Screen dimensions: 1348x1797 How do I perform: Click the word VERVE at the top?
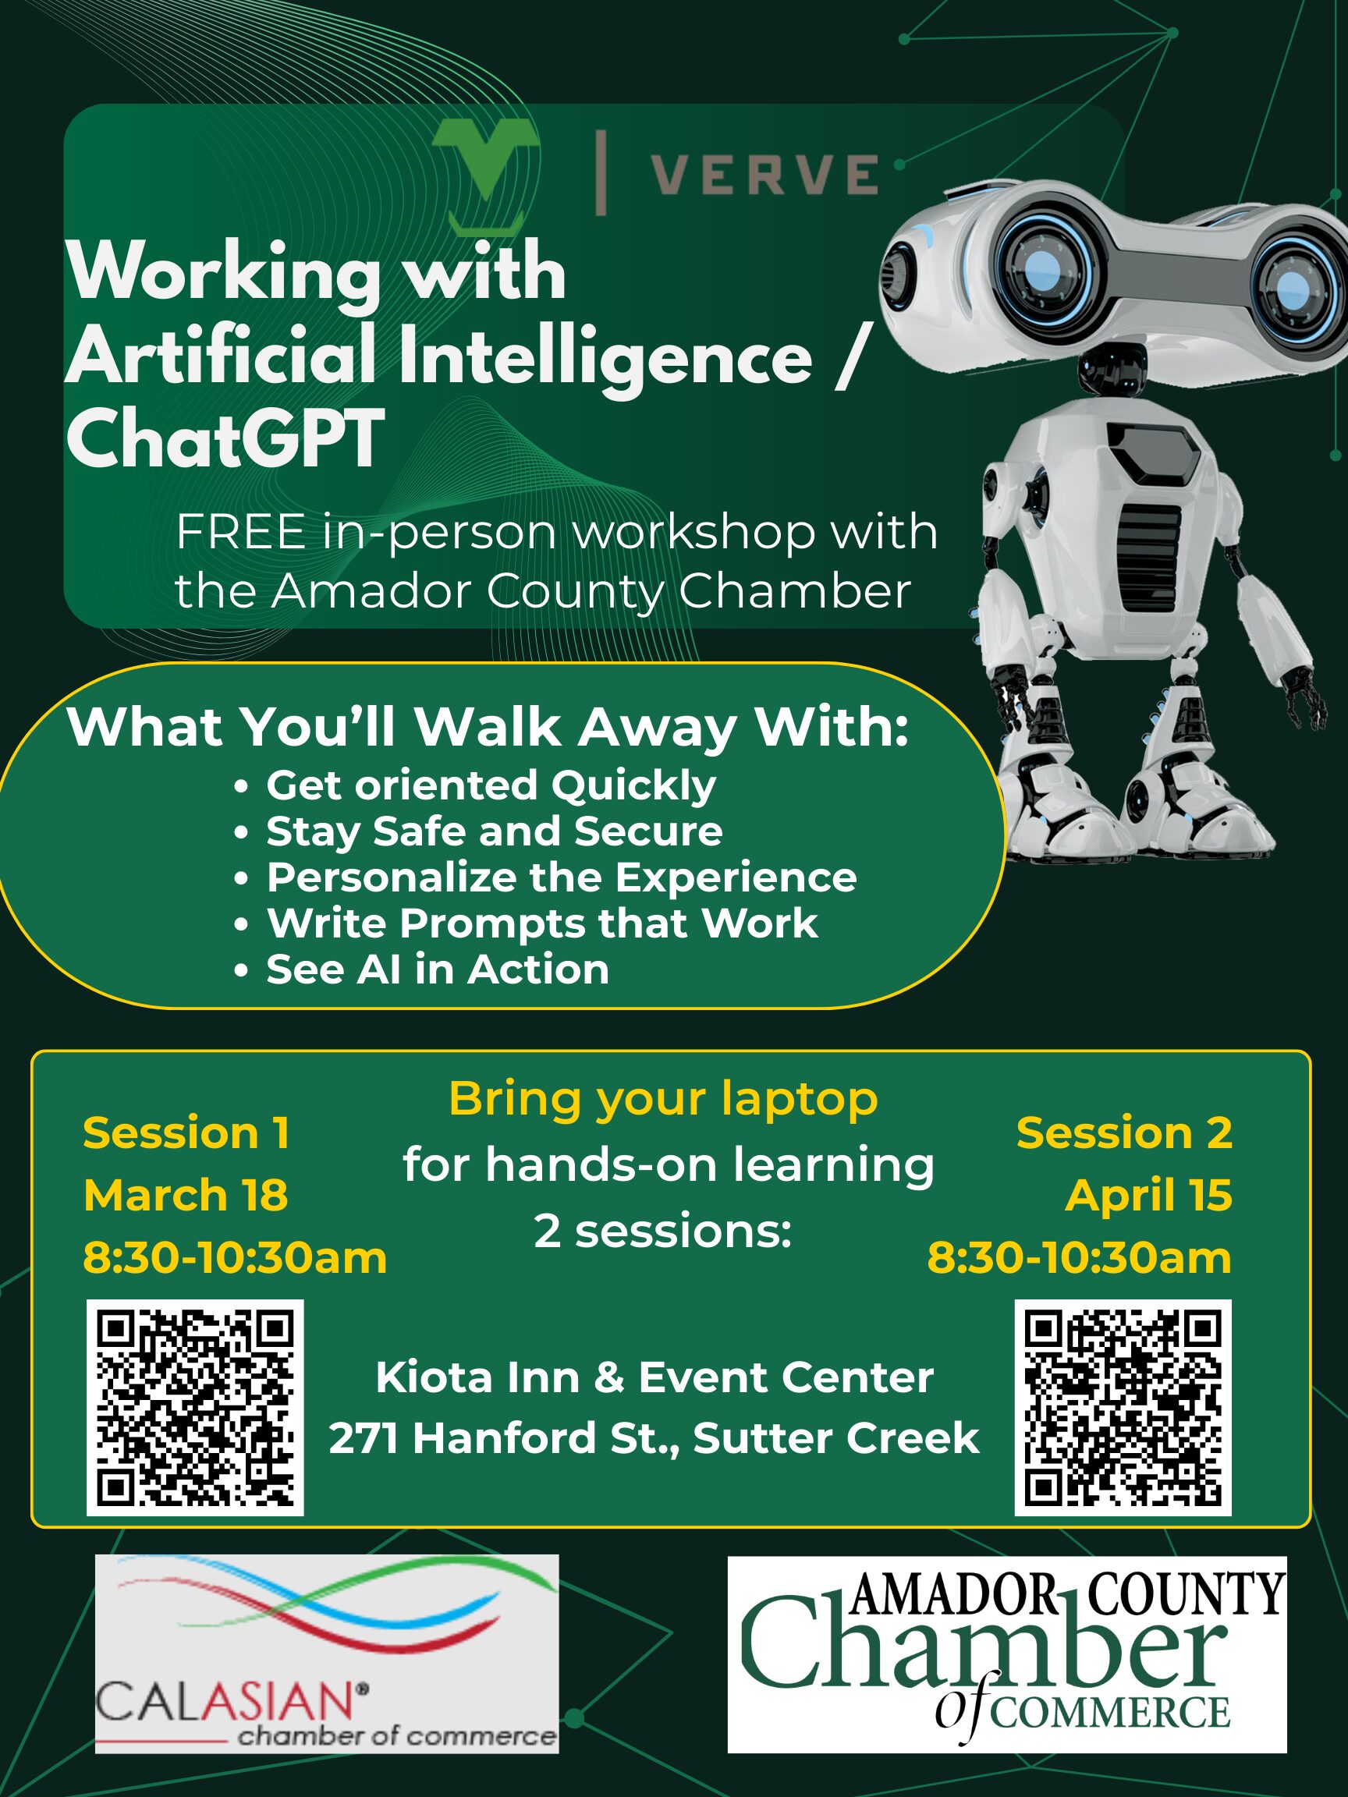764,174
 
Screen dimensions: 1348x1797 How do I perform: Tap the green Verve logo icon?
485,173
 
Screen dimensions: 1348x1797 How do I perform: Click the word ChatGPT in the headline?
224,438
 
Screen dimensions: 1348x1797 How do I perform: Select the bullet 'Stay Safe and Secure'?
494,831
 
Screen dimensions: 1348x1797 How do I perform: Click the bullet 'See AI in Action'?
437,969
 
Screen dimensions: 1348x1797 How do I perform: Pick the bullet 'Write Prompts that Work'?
542,923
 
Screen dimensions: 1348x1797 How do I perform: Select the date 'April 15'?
1148,1195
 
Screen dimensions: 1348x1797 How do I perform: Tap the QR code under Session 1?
195,1409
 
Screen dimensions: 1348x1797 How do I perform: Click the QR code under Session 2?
1123,1409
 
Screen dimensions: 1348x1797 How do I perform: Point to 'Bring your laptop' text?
663,1100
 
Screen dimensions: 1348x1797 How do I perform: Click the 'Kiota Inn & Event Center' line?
654,1378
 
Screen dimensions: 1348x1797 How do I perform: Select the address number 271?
363,1439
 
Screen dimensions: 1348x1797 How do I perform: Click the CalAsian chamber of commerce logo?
327,1654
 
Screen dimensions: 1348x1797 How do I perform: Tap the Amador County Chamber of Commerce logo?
1007,1654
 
